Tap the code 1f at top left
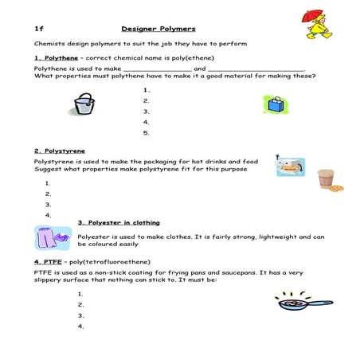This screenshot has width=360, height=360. coord(38,28)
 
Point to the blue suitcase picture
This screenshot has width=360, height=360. coord(276,104)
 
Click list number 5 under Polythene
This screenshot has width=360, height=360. coord(147,133)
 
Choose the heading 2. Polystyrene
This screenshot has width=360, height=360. coord(60,151)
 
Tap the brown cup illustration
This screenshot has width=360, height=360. coord(325,179)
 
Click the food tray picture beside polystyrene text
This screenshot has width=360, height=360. coord(289,168)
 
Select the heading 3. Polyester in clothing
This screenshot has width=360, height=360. coord(119,222)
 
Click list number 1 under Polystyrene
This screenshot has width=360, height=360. coord(49,183)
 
